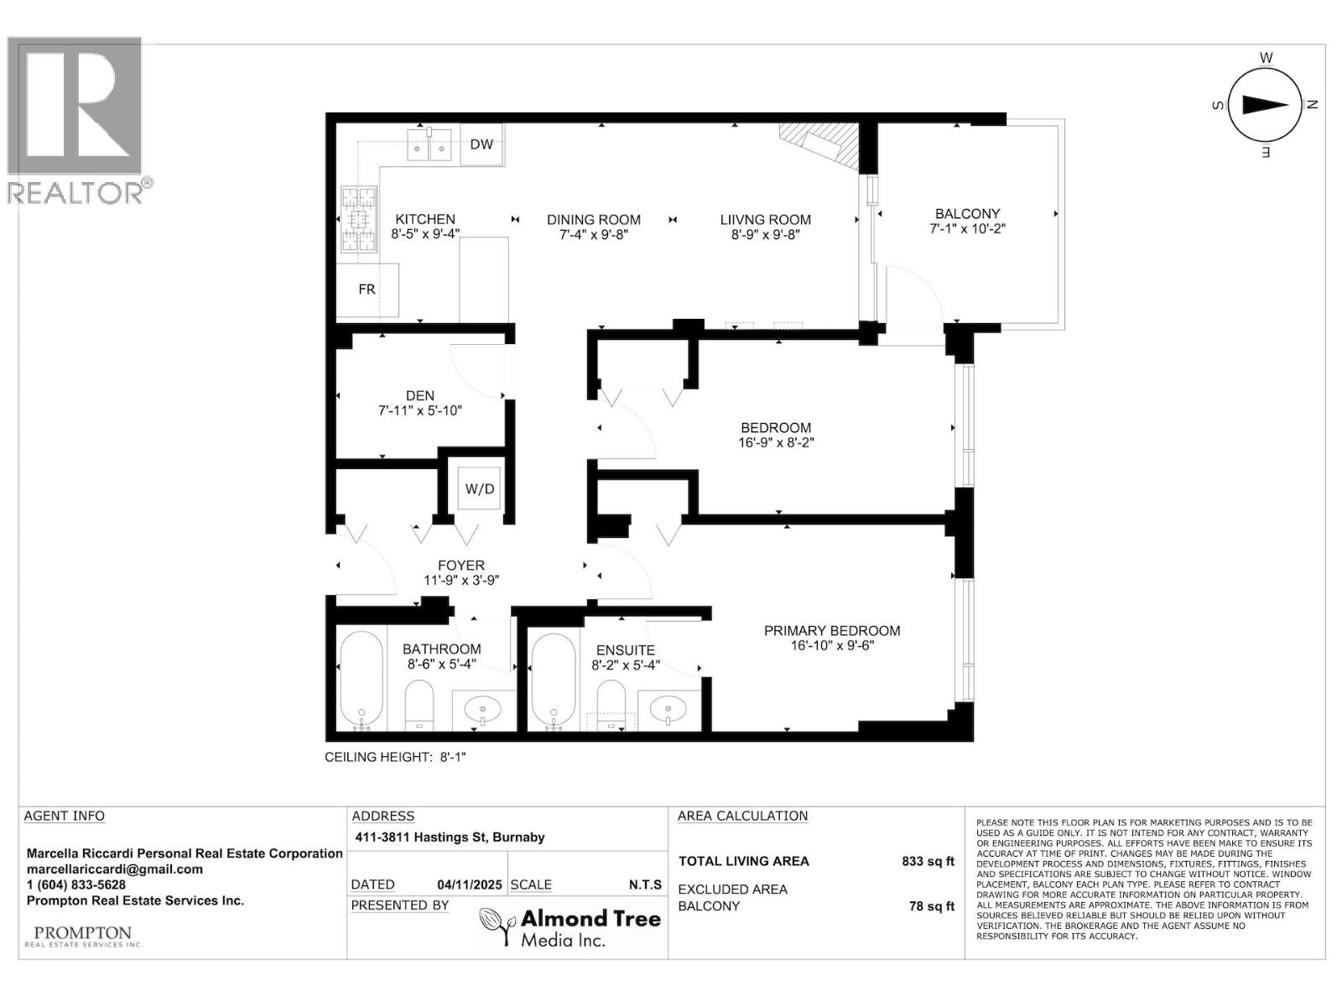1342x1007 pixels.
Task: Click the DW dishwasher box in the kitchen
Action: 481,145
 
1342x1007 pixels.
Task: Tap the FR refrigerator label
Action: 367,290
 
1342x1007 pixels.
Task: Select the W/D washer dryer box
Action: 480,488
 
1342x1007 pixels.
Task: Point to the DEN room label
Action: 420,395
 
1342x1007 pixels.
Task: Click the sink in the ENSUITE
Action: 669,710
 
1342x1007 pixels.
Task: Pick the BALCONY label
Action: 967,214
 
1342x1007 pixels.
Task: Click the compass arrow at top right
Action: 1265,105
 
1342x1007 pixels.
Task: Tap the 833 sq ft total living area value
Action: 927,861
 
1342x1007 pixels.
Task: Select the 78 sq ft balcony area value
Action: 931,906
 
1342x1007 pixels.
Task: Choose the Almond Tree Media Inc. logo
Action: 570,927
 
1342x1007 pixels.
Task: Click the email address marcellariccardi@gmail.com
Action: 115,869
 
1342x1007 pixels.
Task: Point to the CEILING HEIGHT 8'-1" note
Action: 395,757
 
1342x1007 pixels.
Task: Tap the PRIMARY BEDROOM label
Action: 832,631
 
